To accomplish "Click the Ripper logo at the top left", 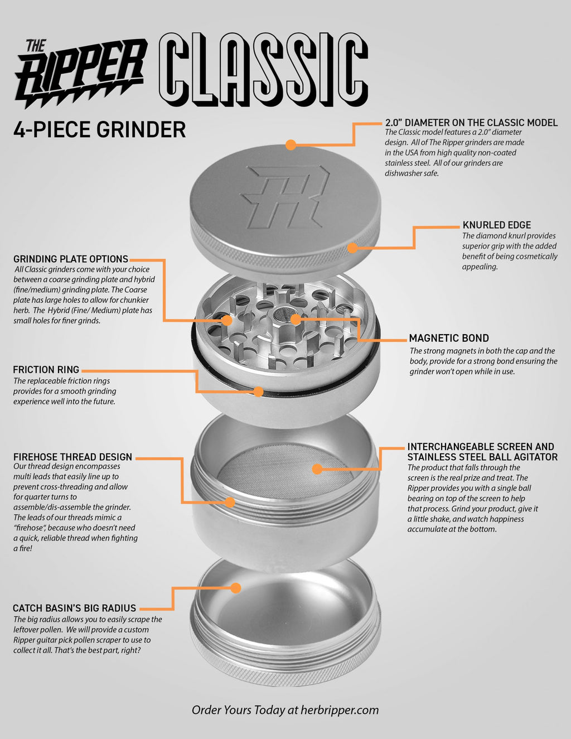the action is point(81,74).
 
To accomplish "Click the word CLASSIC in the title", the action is point(263,69).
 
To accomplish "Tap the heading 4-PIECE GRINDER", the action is point(100,129).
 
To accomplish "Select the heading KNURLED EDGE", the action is point(497,225).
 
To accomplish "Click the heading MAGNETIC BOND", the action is point(449,338).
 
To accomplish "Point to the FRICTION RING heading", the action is point(46,370).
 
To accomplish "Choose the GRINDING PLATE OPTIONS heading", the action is point(71,259).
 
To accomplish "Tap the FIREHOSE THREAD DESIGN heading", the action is point(72,457).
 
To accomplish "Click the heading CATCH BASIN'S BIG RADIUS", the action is point(74,608).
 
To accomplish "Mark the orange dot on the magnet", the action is point(296,319).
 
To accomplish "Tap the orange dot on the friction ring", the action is point(258,392).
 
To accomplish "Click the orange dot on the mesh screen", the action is point(317,469).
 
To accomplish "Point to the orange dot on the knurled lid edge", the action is point(353,248).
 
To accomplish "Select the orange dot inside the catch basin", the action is point(236,588).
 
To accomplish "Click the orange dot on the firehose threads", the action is point(230,503).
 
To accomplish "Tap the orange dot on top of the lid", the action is point(291,145).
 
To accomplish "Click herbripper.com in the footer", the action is point(340,710).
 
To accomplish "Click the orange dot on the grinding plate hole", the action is point(227,320).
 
